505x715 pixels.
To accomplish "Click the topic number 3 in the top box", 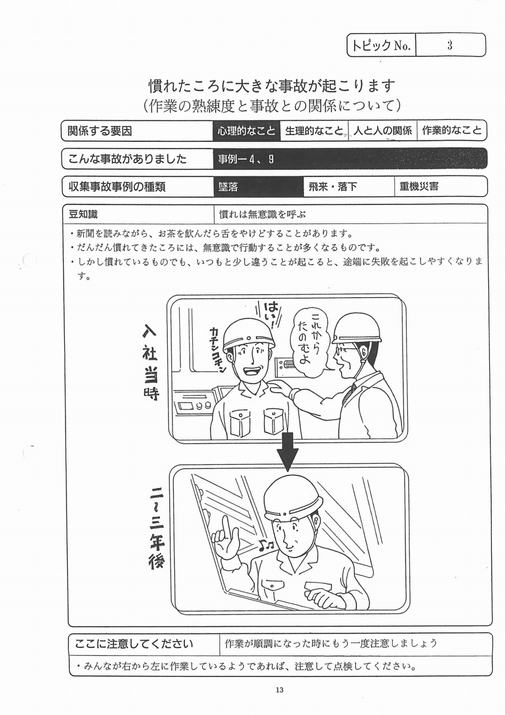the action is click(450, 46).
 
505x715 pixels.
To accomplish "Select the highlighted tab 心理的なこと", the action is click(246, 131).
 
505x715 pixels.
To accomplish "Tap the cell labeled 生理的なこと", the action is click(314, 131).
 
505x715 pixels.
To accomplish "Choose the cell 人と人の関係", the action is click(383, 131).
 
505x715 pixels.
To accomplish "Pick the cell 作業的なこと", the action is click(452, 131).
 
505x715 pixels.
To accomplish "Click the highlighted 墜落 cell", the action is click(259, 187).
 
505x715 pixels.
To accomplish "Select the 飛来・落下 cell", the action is click(349, 187).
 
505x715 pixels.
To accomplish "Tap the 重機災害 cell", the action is click(441, 187).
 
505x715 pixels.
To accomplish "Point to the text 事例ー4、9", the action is click(246, 159).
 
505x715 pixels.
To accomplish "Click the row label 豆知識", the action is click(83, 214).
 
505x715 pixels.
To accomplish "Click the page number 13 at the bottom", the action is click(280, 690).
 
